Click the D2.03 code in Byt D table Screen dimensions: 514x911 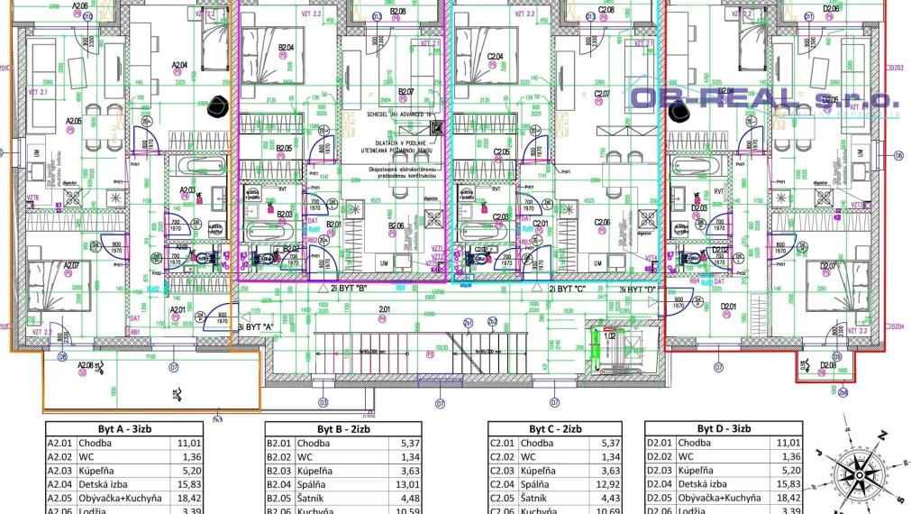[661, 470]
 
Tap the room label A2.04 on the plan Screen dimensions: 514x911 [178, 65]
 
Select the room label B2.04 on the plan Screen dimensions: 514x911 [287, 47]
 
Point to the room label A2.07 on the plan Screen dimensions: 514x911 [72, 265]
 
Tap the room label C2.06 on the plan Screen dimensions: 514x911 [602, 223]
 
